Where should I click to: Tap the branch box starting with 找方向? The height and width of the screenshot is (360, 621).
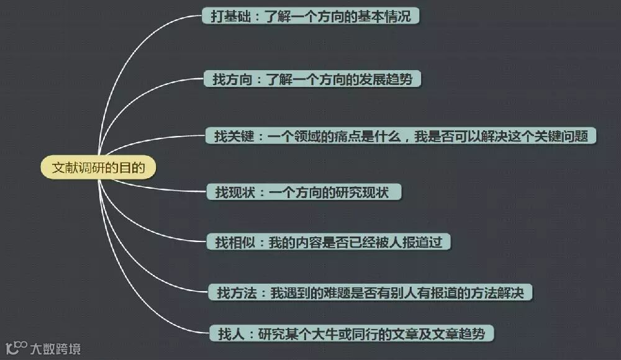(312, 79)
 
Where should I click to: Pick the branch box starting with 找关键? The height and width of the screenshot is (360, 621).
(401, 137)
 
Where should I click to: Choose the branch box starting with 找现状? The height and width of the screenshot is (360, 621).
(304, 192)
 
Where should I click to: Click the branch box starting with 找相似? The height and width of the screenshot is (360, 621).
(328, 242)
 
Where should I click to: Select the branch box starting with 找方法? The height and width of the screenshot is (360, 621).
(371, 291)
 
